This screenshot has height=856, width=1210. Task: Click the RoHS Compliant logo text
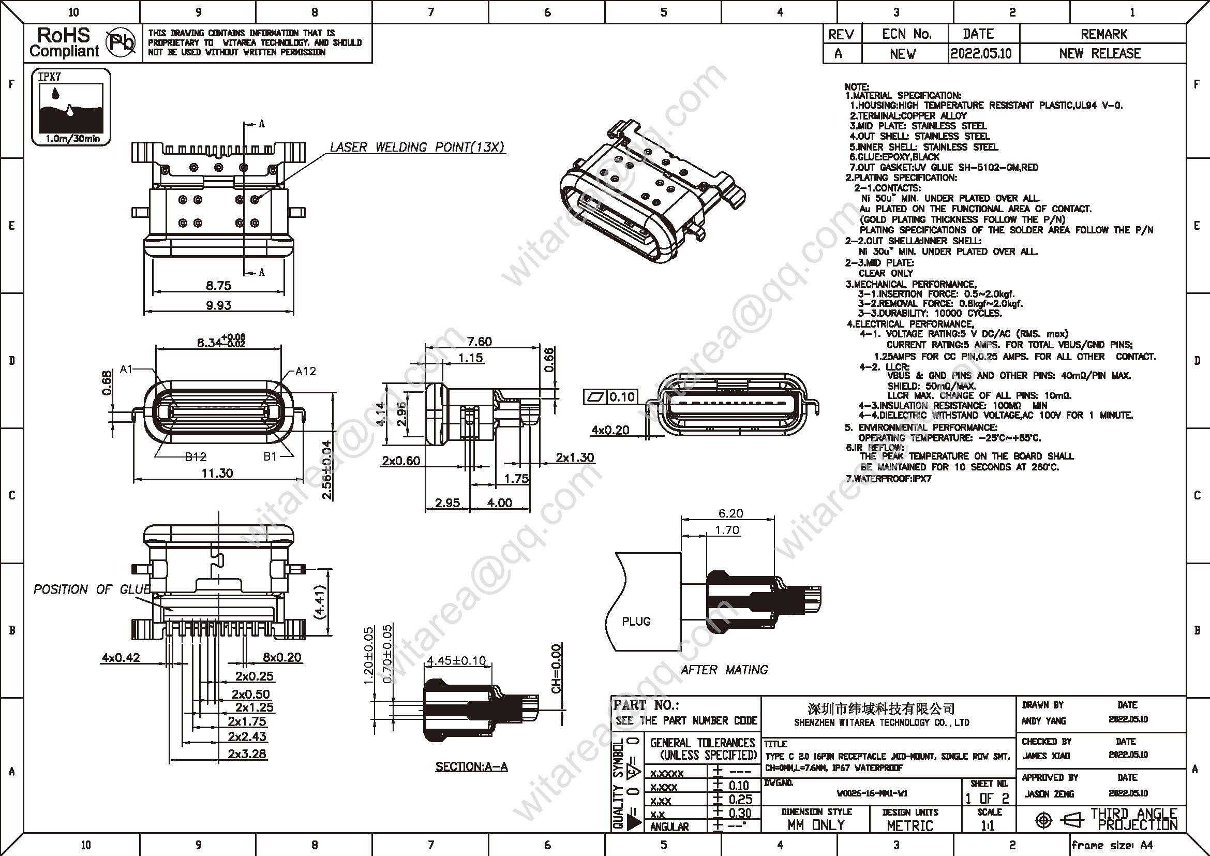click(x=64, y=42)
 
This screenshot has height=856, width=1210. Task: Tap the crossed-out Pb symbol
click(x=121, y=42)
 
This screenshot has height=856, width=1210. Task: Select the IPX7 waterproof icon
click(x=71, y=107)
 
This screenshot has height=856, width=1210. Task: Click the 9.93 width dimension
click(x=218, y=305)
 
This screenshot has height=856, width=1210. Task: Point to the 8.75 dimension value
click(x=218, y=286)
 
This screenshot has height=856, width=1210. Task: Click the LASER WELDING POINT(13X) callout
click(x=417, y=147)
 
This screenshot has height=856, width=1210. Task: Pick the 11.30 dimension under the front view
click(x=217, y=473)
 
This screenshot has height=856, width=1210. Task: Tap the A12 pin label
click(x=305, y=371)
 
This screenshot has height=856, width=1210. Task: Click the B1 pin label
click(x=270, y=456)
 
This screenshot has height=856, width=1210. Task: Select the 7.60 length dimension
click(x=479, y=342)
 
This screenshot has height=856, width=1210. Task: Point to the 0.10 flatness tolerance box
click(x=622, y=396)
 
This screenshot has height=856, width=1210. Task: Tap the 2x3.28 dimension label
click(x=247, y=754)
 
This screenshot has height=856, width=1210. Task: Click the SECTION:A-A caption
click(x=471, y=766)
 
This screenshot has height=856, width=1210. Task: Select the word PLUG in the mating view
click(x=636, y=622)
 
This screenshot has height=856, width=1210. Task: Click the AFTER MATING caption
click(x=724, y=670)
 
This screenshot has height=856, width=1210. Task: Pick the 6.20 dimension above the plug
click(x=730, y=513)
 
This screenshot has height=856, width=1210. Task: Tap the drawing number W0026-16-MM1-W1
click(x=872, y=793)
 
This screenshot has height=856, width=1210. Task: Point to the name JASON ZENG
click(x=1049, y=794)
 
